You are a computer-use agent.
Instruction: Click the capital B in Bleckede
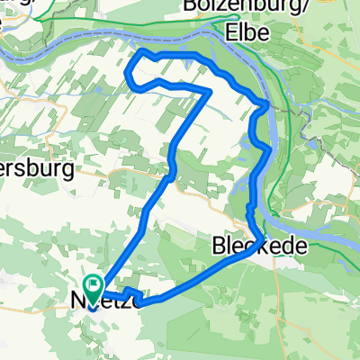[x=218, y=246]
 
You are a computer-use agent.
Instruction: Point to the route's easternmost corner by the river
[x=267, y=108]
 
